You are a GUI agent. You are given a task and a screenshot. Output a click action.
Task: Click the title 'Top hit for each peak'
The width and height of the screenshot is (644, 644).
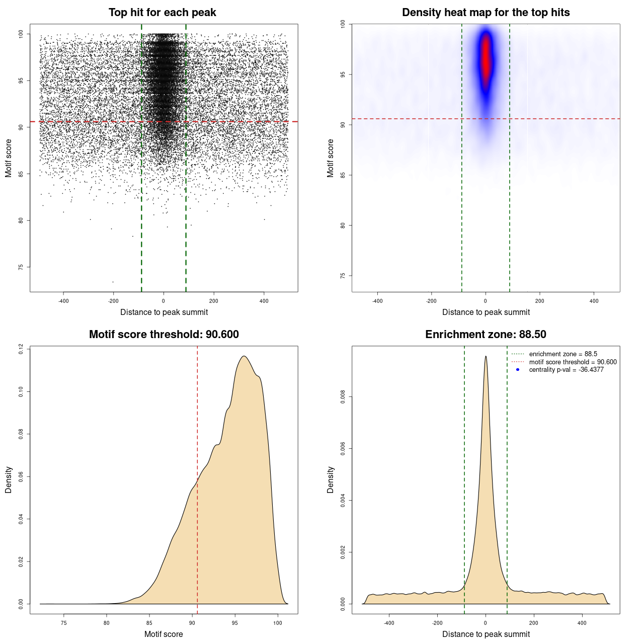click(163, 13)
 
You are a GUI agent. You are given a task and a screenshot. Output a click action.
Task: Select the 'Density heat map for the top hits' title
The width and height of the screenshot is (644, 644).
click(486, 13)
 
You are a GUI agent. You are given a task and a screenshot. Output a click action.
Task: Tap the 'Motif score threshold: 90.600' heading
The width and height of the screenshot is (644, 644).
click(164, 335)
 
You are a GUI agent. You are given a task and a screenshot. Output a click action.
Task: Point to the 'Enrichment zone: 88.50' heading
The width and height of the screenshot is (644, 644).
click(486, 335)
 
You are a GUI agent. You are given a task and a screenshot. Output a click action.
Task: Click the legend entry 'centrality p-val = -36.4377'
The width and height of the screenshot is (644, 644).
click(566, 370)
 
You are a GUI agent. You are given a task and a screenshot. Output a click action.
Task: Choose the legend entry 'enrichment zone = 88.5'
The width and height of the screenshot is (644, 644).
click(563, 354)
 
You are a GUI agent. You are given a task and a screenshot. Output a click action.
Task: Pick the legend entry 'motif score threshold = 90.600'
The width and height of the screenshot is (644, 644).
click(573, 362)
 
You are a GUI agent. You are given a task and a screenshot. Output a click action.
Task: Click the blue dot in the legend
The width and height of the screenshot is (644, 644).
click(518, 370)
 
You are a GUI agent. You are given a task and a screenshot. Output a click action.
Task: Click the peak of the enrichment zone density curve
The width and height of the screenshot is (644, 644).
click(486, 357)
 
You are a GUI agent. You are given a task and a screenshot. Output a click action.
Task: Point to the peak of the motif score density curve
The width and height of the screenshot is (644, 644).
click(244, 356)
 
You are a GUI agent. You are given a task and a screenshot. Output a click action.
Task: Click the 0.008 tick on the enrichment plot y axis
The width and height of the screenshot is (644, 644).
click(343, 397)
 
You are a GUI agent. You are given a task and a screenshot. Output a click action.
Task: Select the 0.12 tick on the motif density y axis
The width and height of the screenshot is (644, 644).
click(21, 349)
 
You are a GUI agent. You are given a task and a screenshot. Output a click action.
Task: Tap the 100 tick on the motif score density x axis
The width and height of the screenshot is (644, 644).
click(278, 623)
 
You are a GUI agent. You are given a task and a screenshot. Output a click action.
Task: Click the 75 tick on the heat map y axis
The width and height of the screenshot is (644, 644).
click(343, 276)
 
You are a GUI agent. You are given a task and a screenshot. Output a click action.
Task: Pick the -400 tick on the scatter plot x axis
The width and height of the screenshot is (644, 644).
click(63, 301)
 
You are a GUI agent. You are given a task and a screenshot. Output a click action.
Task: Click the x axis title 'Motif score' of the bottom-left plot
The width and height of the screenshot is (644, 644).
click(164, 634)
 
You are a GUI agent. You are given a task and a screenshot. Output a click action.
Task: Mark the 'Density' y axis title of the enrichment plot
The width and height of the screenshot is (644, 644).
click(331, 479)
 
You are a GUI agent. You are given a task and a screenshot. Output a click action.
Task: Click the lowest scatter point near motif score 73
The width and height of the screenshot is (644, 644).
click(113, 282)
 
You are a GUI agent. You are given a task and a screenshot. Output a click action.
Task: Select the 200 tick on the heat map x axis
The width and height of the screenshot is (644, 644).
click(539, 301)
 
